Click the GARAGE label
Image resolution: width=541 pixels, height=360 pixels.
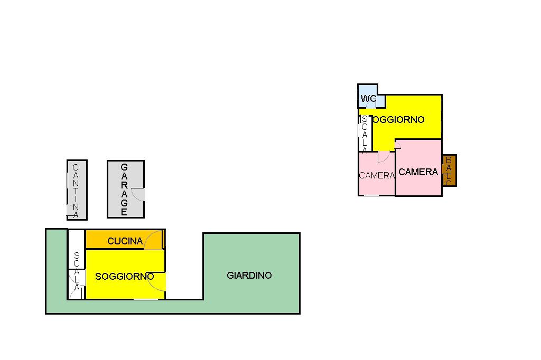(124, 190)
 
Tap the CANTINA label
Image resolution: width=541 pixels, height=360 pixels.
(76, 191)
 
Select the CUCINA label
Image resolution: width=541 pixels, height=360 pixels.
(125, 241)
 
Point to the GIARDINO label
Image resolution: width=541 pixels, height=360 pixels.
(249, 275)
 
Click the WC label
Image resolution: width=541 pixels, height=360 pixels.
(368, 99)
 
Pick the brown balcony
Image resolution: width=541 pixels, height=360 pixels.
(449, 170)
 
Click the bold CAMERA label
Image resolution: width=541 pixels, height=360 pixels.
(418, 172)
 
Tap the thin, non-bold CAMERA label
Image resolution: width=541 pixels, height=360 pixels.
(377, 175)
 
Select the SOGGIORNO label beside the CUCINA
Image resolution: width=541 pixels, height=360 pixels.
(124, 276)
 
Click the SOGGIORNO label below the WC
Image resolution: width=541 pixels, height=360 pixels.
(397, 120)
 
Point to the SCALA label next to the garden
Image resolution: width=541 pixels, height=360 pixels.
(77, 271)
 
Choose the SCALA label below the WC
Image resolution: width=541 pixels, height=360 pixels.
(365, 135)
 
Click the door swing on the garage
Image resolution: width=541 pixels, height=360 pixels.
(138, 195)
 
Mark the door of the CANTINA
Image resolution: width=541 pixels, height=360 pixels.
(71, 210)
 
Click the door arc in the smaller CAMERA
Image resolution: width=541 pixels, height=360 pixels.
(383, 157)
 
